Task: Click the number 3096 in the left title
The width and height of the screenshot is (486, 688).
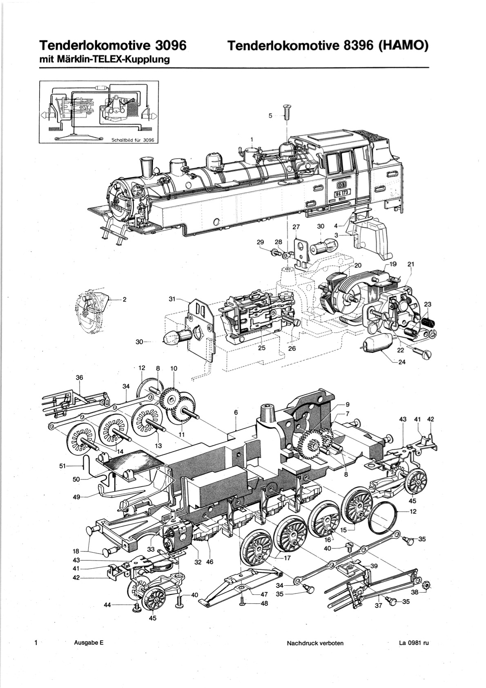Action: (x=171, y=45)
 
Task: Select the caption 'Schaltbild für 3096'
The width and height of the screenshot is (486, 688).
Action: (x=132, y=140)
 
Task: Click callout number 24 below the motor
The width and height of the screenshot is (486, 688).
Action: (x=402, y=363)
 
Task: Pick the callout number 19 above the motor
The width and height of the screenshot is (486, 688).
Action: (x=393, y=264)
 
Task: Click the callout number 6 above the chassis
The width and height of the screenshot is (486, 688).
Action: (x=236, y=412)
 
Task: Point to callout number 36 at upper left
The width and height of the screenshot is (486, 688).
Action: (x=80, y=377)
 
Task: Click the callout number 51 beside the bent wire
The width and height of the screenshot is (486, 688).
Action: (x=63, y=466)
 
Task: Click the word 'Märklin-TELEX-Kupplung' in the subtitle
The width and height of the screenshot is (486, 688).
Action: (x=114, y=60)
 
